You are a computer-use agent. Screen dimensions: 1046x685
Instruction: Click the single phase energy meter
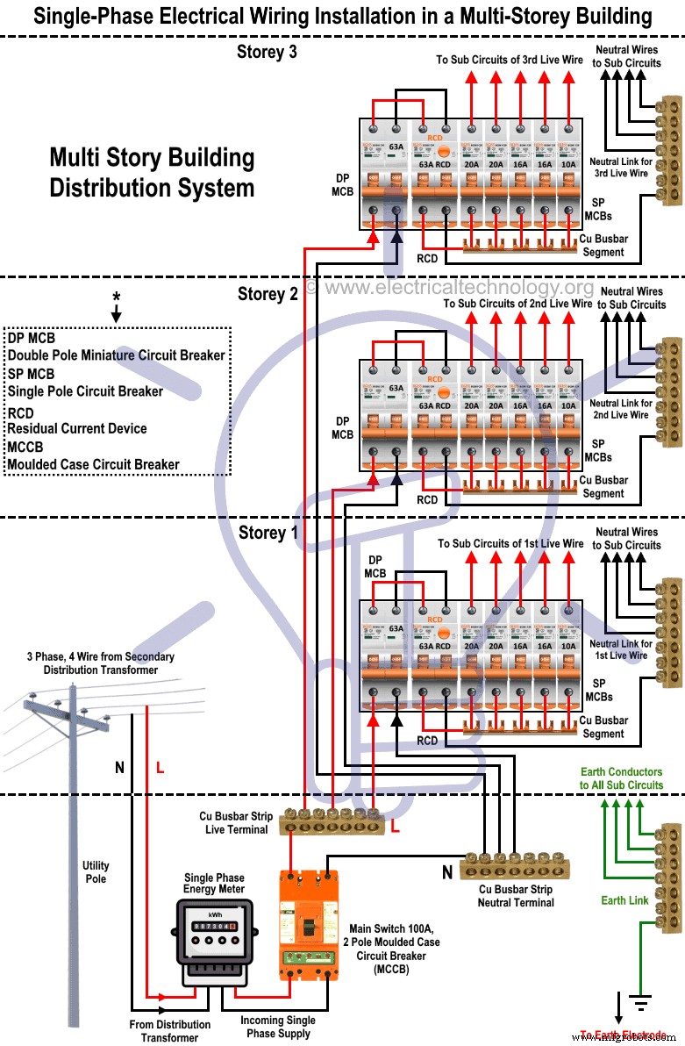214,939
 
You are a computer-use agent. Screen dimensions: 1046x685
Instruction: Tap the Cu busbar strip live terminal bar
332,822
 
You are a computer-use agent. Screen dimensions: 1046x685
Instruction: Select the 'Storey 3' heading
267,52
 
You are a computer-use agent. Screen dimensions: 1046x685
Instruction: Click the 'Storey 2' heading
268,293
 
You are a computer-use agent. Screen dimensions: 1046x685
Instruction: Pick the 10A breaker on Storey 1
569,655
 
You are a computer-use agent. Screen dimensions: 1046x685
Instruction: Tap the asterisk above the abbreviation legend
116,297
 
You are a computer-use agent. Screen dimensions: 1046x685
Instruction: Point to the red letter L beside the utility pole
160,768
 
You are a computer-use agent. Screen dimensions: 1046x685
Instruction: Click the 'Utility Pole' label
96,871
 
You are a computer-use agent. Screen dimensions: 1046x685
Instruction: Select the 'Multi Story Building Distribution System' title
152,173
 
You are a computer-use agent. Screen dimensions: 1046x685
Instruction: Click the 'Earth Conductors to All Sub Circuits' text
621,778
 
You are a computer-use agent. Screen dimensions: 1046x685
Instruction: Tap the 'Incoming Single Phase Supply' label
278,1027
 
